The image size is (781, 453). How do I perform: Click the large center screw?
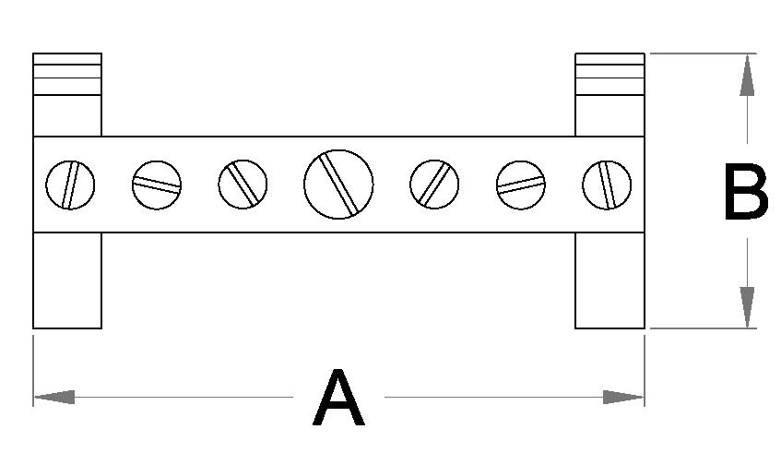(x=338, y=184)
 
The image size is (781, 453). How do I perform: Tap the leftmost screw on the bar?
(x=70, y=185)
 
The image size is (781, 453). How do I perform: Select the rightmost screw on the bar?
(x=607, y=185)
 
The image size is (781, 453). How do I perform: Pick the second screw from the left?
(x=157, y=185)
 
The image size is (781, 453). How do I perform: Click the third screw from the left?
(x=243, y=184)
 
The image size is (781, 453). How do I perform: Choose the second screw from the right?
(x=520, y=185)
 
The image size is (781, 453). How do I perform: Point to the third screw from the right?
(x=434, y=184)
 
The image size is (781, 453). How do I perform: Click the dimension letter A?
(x=339, y=399)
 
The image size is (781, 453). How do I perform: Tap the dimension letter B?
(x=745, y=193)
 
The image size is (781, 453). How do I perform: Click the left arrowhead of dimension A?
(x=53, y=397)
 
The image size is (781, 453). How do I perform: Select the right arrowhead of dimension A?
(x=623, y=397)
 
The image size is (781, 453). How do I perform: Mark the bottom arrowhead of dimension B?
(x=747, y=306)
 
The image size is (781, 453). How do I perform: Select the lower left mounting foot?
(x=67, y=280)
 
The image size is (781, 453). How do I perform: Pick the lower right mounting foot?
(x=609, y=280)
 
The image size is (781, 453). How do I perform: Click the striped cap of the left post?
(x=67, y=73)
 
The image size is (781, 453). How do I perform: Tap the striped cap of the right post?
(x=609, y=73)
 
